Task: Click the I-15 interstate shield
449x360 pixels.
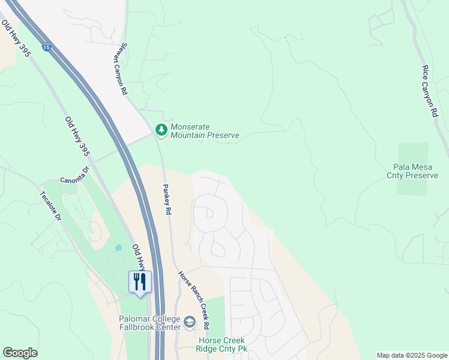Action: point(46,46)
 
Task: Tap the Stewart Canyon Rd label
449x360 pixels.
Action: point(119,73)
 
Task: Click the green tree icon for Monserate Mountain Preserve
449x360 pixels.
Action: point(161,129)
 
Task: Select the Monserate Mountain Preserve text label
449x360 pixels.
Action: point(205,131)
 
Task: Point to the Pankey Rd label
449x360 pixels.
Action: point(167,199)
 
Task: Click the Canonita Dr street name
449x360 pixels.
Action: point(74,179)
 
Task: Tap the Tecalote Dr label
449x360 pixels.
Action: point(51,206)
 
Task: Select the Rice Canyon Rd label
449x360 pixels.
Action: point(430,91)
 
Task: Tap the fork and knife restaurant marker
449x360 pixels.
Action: point(140,282)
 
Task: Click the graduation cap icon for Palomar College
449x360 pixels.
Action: point(190,322)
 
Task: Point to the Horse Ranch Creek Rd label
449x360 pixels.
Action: point(193,300)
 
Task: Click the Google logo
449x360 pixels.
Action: point(20,353)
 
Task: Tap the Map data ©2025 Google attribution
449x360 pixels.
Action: point(411,355)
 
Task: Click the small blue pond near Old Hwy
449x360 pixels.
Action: point(118,247)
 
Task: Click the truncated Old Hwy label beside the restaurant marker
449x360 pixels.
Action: point(139,256)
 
